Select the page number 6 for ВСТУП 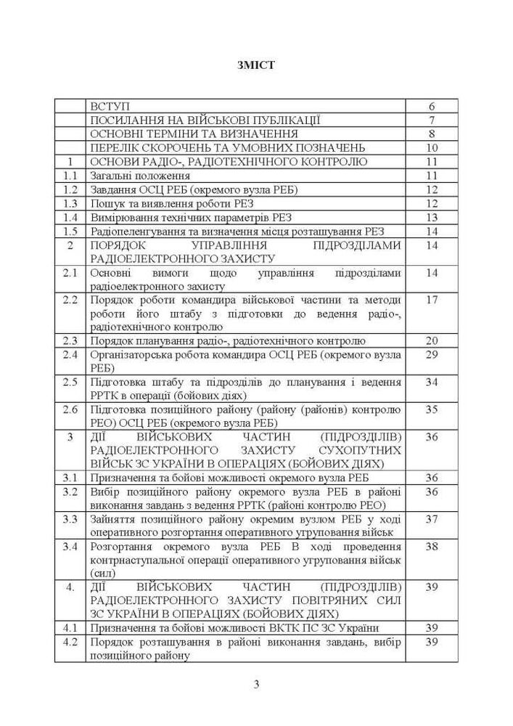tap(431, 106)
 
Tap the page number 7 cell tap(431, 120)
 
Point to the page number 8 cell tap(431, 134)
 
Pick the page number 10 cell tap(431, 148)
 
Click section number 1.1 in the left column tap(70, 176)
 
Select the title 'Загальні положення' tap(140, 176)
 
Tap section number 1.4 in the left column tap(70, 217)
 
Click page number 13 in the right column tap(431, 217)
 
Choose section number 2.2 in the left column tap(70, 299)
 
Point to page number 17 tap(431, 299)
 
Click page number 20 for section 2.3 tap(431, 340)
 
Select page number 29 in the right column tap(431, 354)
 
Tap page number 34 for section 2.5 tap(431, 382)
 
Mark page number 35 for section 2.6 tap(431, 409)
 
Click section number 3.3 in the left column tap(70, 519)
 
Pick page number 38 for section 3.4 tap(431, 547)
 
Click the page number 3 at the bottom tap(256, 685)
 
